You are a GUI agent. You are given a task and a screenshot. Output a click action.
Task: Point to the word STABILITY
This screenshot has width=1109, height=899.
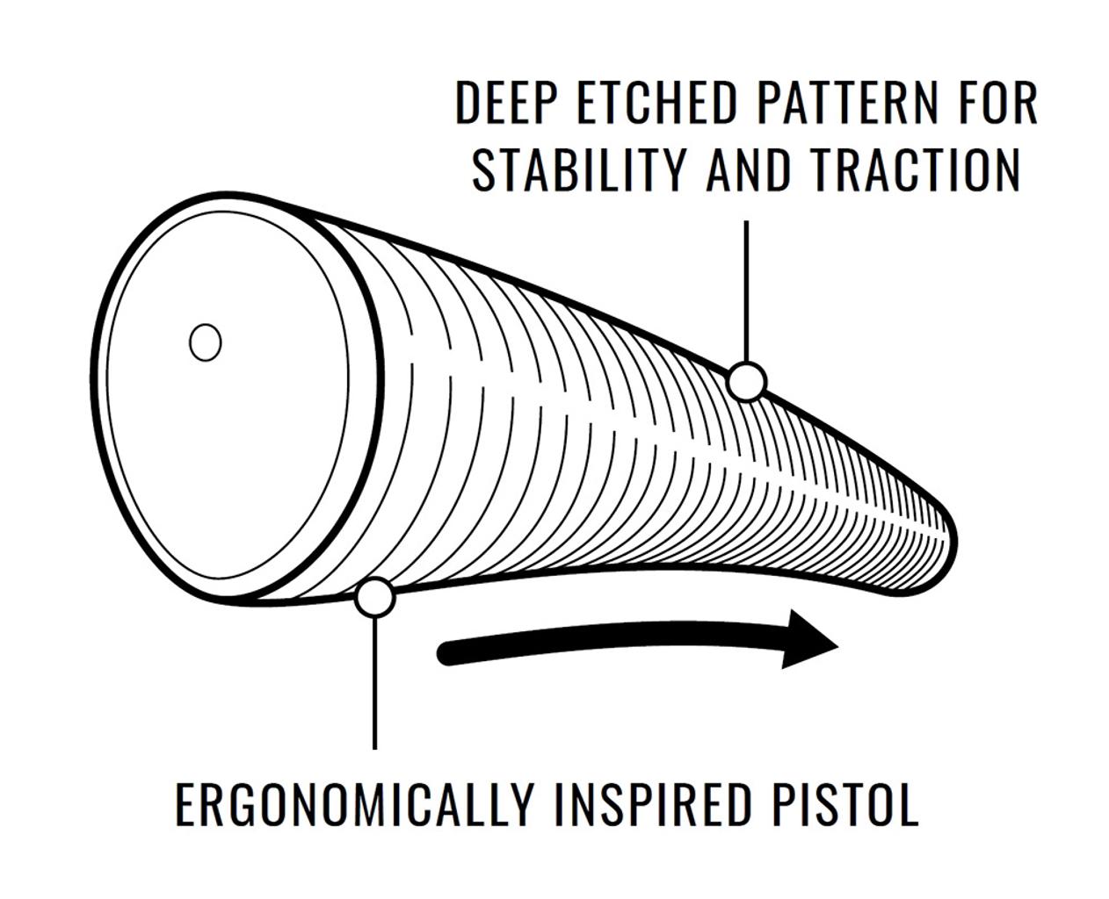pyautogui.click(x=579, y=169)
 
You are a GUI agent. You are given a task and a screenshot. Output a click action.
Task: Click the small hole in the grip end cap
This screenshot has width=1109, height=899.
pyautogui.click(x=205, y=342)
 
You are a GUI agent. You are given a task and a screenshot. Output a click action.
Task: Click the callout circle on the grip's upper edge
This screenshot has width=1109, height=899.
pyautogui.click(x=747, y=382)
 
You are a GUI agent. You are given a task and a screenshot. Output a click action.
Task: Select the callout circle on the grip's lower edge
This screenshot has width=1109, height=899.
pyautogui.click(x=374, y=597)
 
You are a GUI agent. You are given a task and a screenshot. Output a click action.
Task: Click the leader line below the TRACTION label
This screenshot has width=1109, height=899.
pyautogui.click(x=746, y=291)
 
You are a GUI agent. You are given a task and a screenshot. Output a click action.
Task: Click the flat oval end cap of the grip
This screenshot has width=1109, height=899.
pyautogui.click(x=238, y=399)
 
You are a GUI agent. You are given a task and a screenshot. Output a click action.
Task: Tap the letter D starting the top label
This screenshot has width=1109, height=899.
pyautogui.click(x=468, y=102)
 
